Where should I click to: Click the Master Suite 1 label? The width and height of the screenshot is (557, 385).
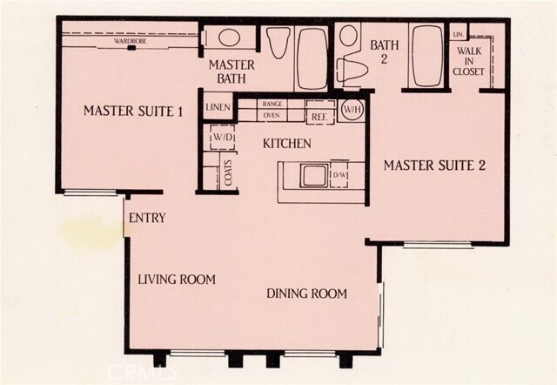click(x=133, y=111)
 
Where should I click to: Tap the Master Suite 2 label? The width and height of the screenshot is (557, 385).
click(x=434, y=165)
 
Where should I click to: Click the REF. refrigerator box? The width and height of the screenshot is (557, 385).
click(x=320, y=112)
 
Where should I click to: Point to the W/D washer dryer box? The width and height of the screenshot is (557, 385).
click(x=223, y=138)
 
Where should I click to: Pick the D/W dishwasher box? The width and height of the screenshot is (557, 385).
click(x=339, y=174)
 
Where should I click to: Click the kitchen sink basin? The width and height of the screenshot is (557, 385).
click(x=313, y=175)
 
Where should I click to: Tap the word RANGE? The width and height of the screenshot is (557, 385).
click(x=272, y=104)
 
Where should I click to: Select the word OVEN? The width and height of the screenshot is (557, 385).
click(x=272, y=116)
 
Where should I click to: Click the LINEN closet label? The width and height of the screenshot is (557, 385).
click(x=218, y=107)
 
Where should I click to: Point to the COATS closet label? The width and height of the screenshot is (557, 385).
click(x=228, y=172)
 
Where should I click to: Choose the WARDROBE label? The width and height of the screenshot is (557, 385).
click(x=131, y=41)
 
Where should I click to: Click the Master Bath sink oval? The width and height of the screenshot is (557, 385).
click(x=229, y=37)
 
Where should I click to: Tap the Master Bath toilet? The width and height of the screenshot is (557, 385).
click(x=278, y=42)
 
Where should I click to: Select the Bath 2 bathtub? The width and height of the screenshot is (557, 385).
click(x=426, y=56)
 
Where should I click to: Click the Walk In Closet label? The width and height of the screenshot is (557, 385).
click(x=468, y=61)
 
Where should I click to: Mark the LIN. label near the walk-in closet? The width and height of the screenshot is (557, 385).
click(x=459, y=35)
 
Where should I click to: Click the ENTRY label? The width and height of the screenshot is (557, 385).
click(x=147, y=218)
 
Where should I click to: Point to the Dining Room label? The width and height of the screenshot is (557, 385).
click(x=306, y=294)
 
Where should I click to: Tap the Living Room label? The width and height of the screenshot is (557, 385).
click(x=177, y=279)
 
